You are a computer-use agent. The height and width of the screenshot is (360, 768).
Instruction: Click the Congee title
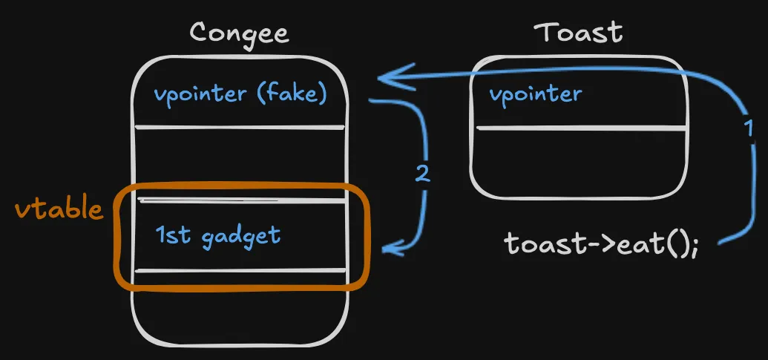(x=239, y=33)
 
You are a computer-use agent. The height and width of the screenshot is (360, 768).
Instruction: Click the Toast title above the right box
(x=578, y=33)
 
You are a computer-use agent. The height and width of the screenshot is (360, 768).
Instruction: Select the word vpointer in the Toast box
(x=535, y=94)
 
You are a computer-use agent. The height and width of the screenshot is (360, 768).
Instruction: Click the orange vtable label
(x=59, y=209)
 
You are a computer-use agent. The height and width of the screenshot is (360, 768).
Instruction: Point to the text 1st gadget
(x=218, y=236)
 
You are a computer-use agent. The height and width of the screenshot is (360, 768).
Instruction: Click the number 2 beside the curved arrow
(x=421, y=174)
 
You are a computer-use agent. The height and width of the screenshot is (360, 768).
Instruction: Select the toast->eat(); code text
(x=602, y=243)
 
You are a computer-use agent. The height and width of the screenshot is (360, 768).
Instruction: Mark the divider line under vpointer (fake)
(x=239, y=128)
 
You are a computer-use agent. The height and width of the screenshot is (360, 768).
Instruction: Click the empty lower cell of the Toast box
(x=580, y=163)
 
